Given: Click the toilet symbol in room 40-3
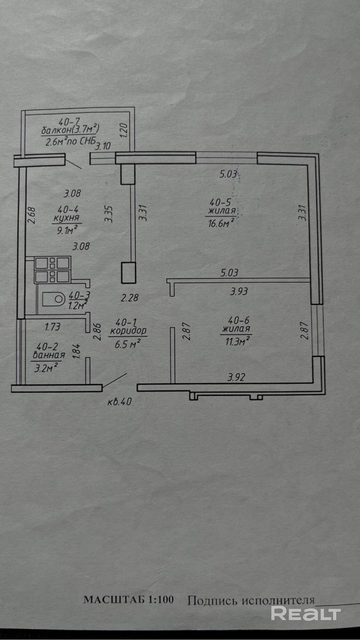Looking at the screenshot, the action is click(x=53, y=299).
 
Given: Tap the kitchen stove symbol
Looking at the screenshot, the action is click(x=52, y=270).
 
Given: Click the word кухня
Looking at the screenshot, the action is click(x=66, y=219).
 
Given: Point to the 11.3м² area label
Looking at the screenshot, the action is click(x=237, y=341).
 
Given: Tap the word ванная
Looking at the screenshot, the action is click(x=49, y=355).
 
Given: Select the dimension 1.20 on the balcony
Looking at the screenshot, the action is click(x=124, y=130).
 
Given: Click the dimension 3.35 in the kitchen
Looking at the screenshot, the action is click(x=109, y=214).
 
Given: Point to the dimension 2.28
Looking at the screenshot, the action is click(x=130, y=298).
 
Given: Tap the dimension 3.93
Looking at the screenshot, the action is click(x=239, y=291).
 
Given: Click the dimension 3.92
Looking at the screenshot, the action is click(x=236, y=377).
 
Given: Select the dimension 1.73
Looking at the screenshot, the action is click(x=52, y=327).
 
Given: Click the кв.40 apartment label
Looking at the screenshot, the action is click(x=119, y=402).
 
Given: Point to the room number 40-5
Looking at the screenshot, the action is click(x=220, y=202).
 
